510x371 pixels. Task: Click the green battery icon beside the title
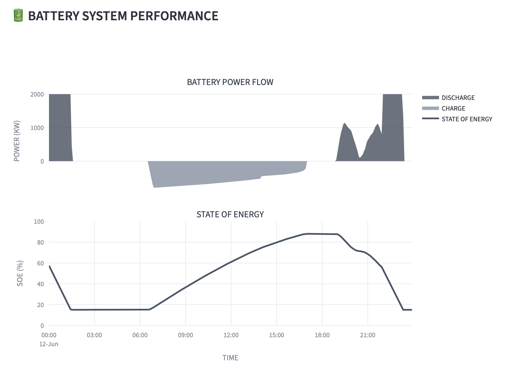[x=18, y=15]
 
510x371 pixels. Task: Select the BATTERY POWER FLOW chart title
[x=230, y=82]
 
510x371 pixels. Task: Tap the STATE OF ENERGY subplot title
[x=230, y=214]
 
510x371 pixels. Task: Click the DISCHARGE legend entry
[x=458, y=98]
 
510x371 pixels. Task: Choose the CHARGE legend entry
[x=453, y=108]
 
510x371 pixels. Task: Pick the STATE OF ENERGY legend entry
[x=467, y=119]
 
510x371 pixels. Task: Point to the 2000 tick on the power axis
[x=37, y=94]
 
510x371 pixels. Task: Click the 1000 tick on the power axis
[x=37, y=128]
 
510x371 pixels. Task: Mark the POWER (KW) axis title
[x=17, y=141]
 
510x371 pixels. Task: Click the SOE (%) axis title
[x=20, y=273]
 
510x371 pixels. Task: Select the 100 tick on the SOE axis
[x=39, y=222]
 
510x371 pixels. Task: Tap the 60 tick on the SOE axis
[x=41, y=263]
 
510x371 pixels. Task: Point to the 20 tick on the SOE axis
[x=41, y=305]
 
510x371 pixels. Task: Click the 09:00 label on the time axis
[x=185, y=335]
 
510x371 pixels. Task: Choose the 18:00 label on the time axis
[x=322, y=335]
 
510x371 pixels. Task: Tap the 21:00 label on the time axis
[x=368, y=335]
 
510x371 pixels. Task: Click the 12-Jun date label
[x=49, y=344]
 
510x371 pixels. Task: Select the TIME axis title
[x=230, y=358]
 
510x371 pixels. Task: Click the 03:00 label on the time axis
[x=94, y=335]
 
